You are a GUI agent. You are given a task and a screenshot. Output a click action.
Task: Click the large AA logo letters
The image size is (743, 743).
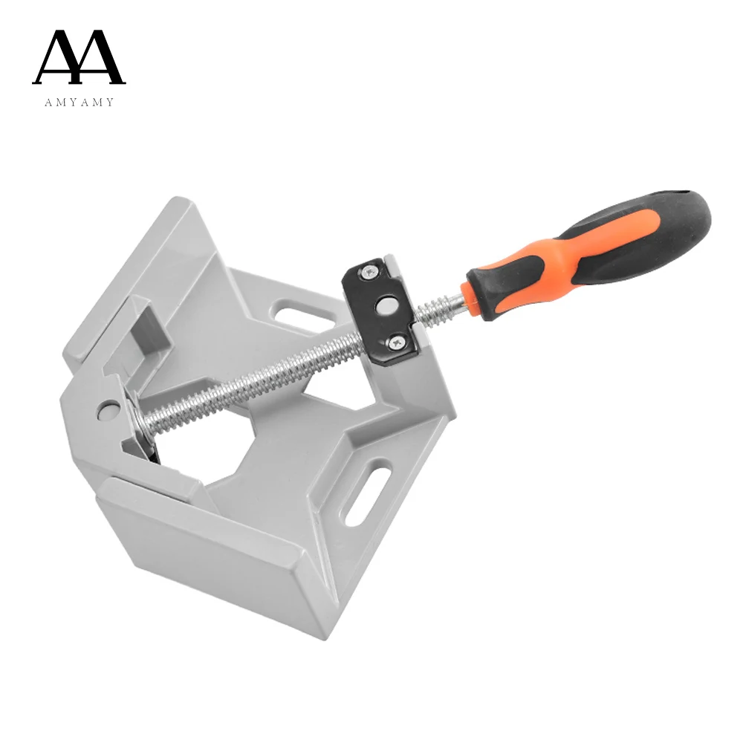point(79,57)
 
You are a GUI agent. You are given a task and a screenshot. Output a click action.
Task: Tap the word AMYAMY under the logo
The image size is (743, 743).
point(79,102)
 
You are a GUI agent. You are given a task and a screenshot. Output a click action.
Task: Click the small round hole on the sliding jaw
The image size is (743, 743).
point(108,408)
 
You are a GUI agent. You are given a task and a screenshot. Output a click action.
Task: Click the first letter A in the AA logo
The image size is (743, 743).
point(57,57)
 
